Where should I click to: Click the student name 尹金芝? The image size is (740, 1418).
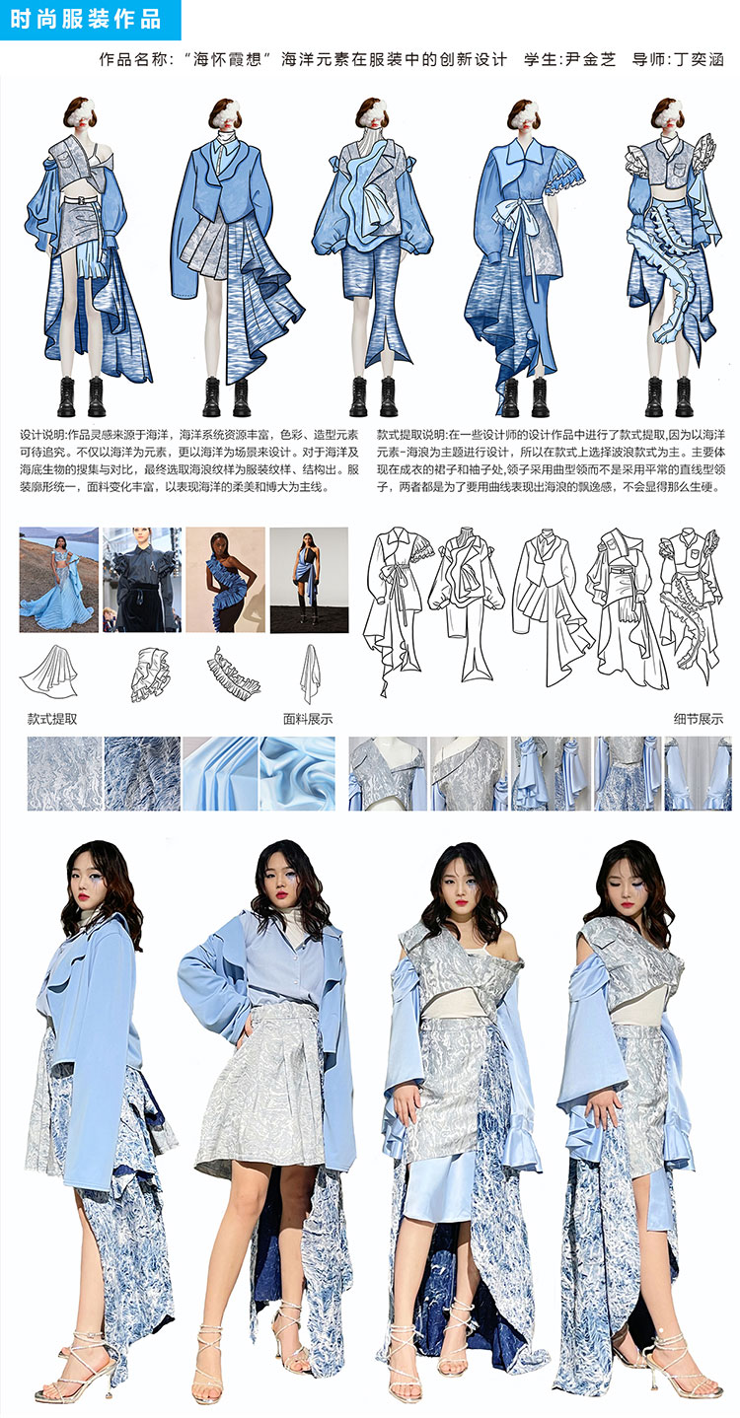(590, 59)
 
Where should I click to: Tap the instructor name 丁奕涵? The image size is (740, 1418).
(698, 59)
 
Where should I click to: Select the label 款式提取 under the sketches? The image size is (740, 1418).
(52, 719)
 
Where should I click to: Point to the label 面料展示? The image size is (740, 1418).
(308, 719)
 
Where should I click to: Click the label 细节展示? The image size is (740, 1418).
(699, 719)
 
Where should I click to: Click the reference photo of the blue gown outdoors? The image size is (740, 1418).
(59, 579)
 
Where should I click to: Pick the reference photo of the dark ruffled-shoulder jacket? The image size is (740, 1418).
(142, 579)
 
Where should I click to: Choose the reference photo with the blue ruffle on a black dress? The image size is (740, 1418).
(225, 579)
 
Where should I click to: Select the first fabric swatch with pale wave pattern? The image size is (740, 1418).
(64, 773)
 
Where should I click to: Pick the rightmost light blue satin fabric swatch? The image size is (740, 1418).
(297, 773)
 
